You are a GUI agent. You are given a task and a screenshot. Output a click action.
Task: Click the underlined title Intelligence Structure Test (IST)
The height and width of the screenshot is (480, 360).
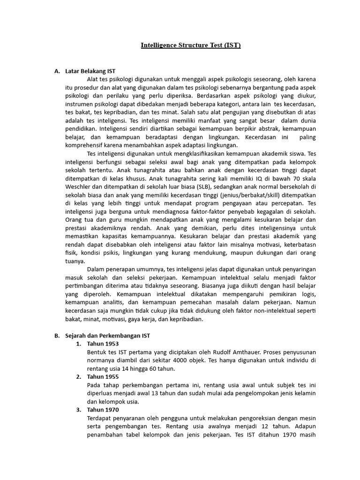pyautogui.click(x=191, y=45)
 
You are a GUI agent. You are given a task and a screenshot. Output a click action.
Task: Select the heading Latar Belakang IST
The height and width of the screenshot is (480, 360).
pyautogui.click(x=90, y=71)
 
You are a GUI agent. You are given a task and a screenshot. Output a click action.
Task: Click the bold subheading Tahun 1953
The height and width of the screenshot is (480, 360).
pyautogui.click(x=103, y=344)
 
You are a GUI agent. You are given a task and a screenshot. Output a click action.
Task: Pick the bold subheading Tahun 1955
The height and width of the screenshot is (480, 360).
pyautogui.click(x=103, y=376)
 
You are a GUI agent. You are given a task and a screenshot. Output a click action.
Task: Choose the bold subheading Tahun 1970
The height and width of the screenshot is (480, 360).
pyautogui.click(x=103, y=409)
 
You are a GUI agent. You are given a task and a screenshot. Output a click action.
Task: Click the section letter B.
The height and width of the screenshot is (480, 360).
pyautogui.click(x=57, y=336)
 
